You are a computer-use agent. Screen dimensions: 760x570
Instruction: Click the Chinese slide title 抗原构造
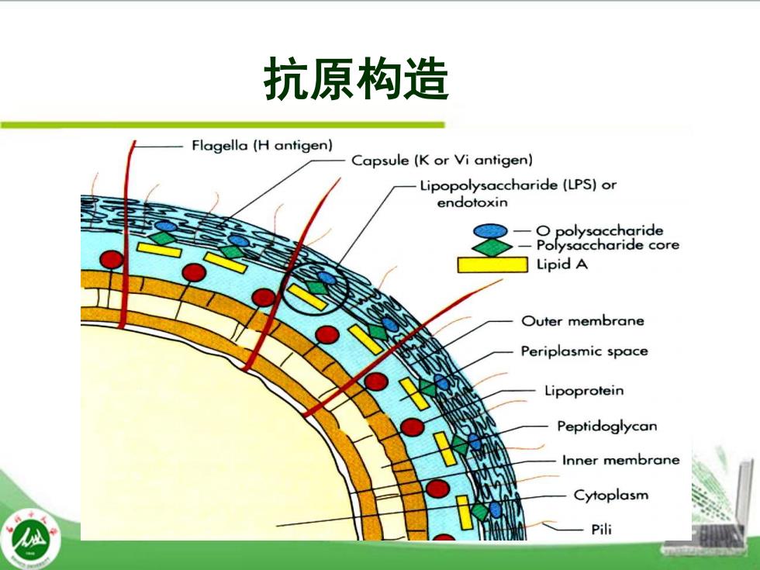[x=356, y=79]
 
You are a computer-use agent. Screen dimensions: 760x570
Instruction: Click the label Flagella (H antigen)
[x=262, y=146]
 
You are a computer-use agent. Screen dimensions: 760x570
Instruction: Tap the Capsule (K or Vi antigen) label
[x=442, y=160]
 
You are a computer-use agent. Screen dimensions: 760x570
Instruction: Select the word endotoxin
[x=472, y=202]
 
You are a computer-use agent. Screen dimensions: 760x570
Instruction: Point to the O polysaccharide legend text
[x=599, y=230]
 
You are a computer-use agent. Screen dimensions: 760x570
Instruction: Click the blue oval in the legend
[x=490, y=231]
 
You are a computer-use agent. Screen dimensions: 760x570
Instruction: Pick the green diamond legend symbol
[x=492, y=247]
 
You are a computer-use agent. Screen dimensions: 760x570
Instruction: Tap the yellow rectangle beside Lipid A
[x=492, y=264]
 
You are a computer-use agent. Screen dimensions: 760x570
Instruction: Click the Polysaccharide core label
[x=608, y=245]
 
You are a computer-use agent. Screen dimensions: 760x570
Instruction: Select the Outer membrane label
[x=582, y=321]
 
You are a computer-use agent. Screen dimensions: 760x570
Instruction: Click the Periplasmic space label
[x=584, y=351]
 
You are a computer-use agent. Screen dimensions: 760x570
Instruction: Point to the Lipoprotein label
[x=584, y=391]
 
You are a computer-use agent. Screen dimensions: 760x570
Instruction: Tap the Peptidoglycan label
[x=606, y=427]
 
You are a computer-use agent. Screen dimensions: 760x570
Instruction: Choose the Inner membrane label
[x=621, y=460]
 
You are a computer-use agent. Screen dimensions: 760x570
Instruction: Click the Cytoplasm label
[x=611, y=496]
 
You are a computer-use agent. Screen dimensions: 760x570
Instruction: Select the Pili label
[x=602, y=529]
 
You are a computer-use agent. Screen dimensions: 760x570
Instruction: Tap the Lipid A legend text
[x=561, y=264]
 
